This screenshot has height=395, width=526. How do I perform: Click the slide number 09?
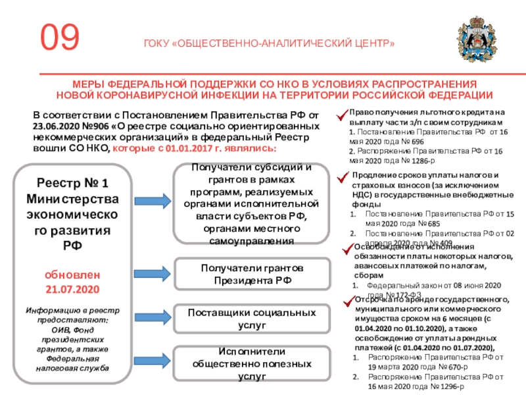pos(60,38)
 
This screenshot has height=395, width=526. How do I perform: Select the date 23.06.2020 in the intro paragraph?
pos(57,126)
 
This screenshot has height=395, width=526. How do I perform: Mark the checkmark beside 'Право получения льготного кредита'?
pos(342,117)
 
